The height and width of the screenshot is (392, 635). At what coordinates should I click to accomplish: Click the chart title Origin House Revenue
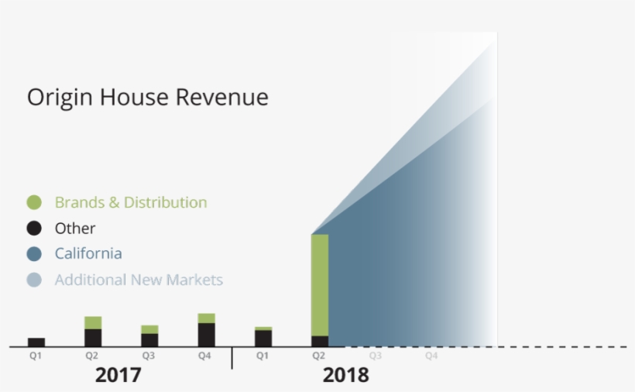[148, 98]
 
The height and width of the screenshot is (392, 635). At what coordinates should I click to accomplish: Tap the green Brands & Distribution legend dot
[34, 203]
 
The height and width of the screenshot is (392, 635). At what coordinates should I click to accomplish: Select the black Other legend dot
[34, 229]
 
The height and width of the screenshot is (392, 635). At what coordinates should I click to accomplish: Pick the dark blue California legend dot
[34, 254]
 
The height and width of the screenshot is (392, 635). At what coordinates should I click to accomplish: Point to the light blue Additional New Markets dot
[34, 280]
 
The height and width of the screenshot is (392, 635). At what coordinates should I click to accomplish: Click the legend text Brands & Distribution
[131, 203]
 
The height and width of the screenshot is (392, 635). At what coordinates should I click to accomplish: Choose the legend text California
[88, 254]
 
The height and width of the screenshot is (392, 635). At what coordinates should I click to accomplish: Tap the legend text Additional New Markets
[139, 280]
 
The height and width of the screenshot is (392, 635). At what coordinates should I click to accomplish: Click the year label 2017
[118, 376]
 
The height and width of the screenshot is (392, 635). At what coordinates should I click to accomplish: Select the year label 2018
[346, 376]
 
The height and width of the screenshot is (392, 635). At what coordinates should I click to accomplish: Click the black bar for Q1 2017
[36, 342]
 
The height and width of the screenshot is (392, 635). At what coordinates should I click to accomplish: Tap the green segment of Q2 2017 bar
[93, 322]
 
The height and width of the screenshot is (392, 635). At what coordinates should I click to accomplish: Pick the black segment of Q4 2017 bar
[206, 335]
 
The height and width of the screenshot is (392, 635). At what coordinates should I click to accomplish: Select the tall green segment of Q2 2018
[320, 284]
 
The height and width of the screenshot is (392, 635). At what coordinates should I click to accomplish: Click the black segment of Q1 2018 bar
[263, 339]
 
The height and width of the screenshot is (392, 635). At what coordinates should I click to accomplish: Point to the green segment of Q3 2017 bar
[149, 329]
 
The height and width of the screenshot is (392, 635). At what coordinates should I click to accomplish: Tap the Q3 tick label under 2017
[149, 356]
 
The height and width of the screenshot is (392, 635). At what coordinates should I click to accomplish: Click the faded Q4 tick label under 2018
[431, 356]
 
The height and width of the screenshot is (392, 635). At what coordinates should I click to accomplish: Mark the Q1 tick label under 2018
[263, 356]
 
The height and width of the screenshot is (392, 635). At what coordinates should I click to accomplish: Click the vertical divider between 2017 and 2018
[232, 358]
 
